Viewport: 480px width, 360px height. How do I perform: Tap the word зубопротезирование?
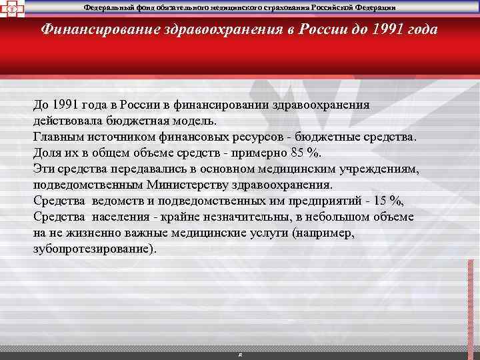93,249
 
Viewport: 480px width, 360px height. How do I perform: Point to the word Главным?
55,137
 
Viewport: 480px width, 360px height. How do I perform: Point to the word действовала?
68,121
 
